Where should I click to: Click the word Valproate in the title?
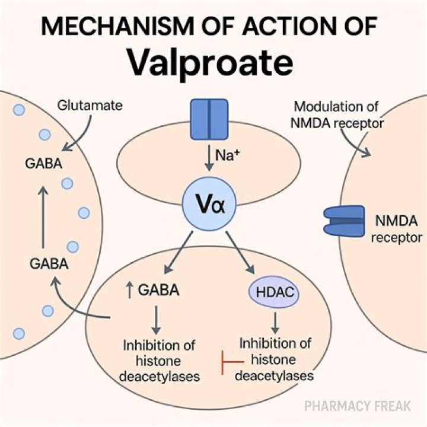point(213,62)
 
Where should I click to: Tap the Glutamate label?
point(90,106)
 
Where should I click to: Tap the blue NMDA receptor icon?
point(344,221)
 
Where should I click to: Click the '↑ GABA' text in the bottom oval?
point(154,291)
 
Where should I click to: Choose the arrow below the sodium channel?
point(208,160)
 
